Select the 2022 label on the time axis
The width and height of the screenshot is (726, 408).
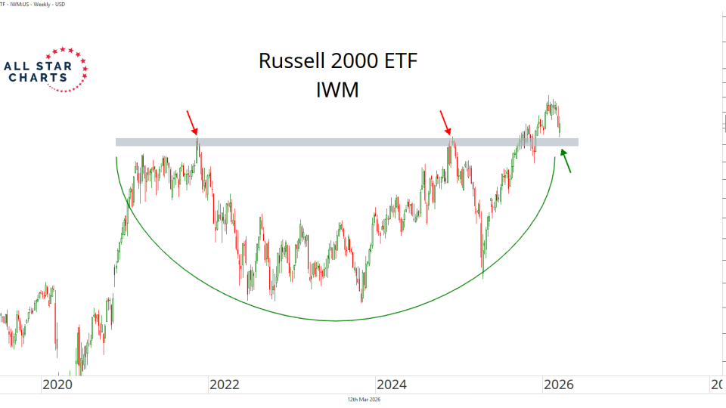[225, 385]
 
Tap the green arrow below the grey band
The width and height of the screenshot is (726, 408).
[565, 161]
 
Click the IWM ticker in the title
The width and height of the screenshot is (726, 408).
[338, 90]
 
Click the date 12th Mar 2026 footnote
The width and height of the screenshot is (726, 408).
[364, 400]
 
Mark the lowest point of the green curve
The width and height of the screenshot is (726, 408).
[335, 320]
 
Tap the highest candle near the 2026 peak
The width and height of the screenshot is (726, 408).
[549, 97]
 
